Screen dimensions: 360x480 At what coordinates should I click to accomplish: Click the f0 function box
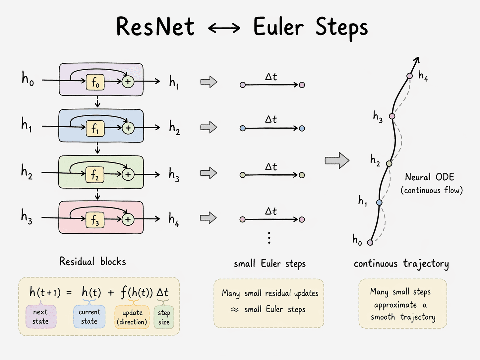[95, 83]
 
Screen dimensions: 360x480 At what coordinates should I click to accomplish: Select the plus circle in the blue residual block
[128, 128]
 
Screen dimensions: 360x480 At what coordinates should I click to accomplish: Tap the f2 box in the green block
[95, 175]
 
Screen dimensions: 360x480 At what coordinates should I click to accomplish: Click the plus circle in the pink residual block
[128, 219]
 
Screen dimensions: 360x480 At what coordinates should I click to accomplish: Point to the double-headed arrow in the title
[224, 28]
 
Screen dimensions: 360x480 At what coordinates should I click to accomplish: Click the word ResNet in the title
[155, 27]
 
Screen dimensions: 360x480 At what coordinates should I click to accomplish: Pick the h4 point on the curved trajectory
[410, 76]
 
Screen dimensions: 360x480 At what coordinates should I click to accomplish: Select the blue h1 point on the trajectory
[379, 203]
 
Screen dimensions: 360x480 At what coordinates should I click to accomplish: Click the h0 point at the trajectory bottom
[370, 243]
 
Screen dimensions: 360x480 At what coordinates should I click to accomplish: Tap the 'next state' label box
[41, 317]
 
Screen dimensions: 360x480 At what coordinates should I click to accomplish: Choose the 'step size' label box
[164, 317]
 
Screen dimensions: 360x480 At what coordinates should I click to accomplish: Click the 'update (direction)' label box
[132, 317]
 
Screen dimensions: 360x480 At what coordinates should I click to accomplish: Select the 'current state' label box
[89, 317]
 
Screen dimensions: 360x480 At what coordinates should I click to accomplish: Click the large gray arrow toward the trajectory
[337, 161]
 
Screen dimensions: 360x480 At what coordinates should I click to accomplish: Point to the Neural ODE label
[430, 177]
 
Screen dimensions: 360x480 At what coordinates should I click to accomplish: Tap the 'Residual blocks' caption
[92, 262]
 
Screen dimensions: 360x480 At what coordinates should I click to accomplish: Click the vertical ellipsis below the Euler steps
[269, 238]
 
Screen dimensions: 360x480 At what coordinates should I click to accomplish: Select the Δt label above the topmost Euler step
[271, 77]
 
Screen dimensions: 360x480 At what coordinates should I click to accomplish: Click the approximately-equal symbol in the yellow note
[235, 310]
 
